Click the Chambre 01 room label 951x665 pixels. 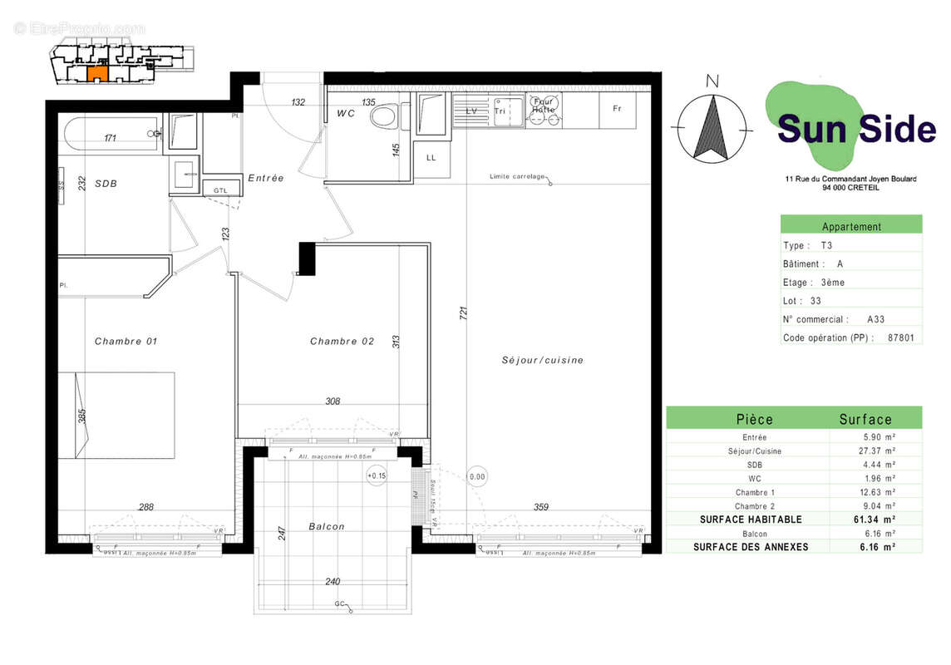tap(126, 342)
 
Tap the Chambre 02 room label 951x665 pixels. tap(342, 342)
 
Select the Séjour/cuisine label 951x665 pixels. tap(542, 360)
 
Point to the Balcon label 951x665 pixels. tap(326, 526)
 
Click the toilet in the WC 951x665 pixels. tap(384, 116)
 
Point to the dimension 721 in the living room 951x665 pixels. tap(464, 313)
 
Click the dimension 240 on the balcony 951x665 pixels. tap(332, 582)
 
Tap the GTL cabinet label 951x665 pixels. tap(220, 190)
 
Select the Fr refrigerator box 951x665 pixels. tap(617, 109)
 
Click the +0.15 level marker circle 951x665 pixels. tap(377, 475)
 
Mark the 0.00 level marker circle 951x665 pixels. tap(477, 477)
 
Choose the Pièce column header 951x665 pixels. tap(754, 419)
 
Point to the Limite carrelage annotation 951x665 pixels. tap(517, 176)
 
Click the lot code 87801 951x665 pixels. tap(901, 337)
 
